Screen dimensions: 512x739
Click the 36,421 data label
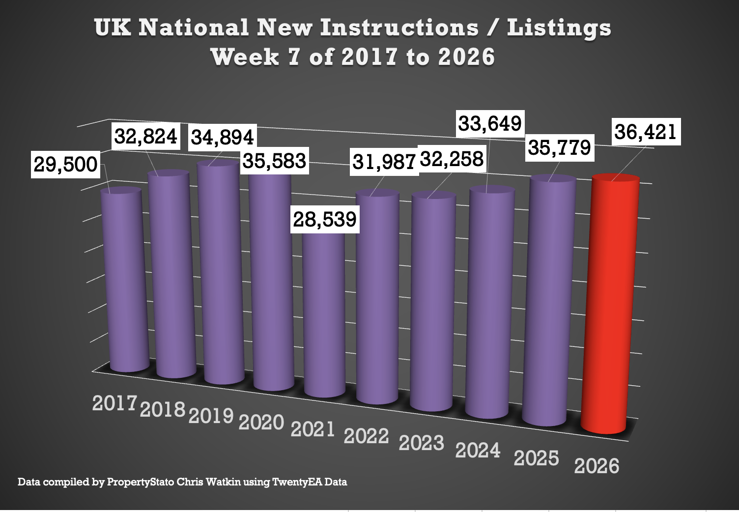[646, 132]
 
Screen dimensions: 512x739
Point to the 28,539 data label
[325, 219]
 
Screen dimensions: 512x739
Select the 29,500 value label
[65, 164]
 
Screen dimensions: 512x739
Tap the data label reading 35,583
[275, 161]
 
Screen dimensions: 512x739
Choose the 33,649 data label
[490, 123]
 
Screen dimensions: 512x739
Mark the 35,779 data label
[560, 147]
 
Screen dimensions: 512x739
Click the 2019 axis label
[211, 416]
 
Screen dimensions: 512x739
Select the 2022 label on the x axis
[367, 436]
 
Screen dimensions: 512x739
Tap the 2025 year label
[537, 458]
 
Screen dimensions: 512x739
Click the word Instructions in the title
[399, 28]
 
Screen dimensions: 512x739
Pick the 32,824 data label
[146, 136]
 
